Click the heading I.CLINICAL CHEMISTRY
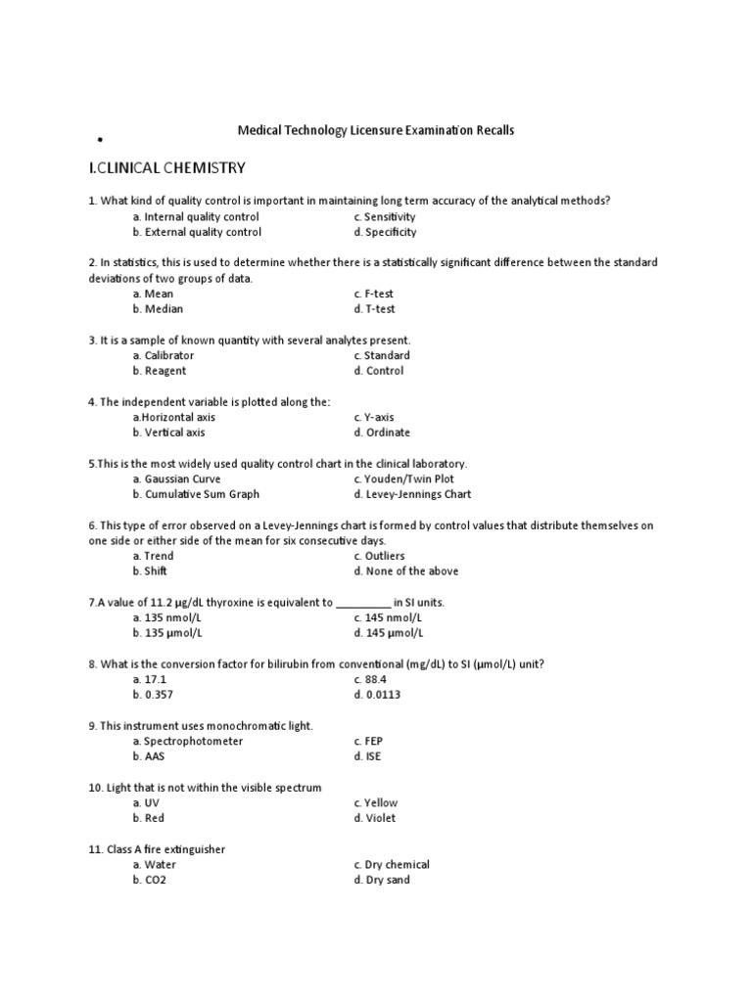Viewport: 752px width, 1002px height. pos(167,168)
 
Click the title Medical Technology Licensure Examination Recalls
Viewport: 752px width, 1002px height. pos(377,130)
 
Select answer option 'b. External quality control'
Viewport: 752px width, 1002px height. pos(197,233)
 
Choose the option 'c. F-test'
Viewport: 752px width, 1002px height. pos(375,294)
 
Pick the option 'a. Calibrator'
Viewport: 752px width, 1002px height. pos(164,355)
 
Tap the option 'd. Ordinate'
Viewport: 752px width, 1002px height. pos(383,433)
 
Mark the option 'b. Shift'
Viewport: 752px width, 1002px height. pos(153,571)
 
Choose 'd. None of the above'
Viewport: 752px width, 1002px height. pos(406,571)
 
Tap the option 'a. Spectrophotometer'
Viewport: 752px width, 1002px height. pos(188,741)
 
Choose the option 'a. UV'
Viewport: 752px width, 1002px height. pos(146,802)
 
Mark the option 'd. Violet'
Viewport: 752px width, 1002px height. pos(375,818)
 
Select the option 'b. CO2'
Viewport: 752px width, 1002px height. pos(150,880)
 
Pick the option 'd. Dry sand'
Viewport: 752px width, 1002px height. pos(382,880)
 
